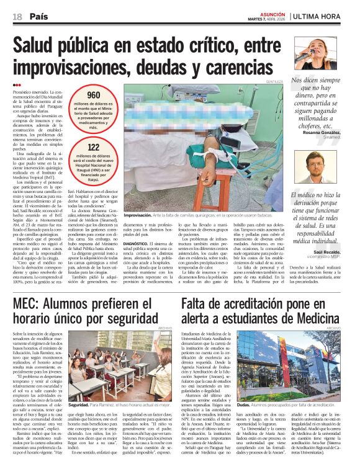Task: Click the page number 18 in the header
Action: pos(17,17)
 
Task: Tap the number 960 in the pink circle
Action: pos(94,95)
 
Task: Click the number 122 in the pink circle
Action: pos(94,148)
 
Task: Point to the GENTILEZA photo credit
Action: pos(275,81)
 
